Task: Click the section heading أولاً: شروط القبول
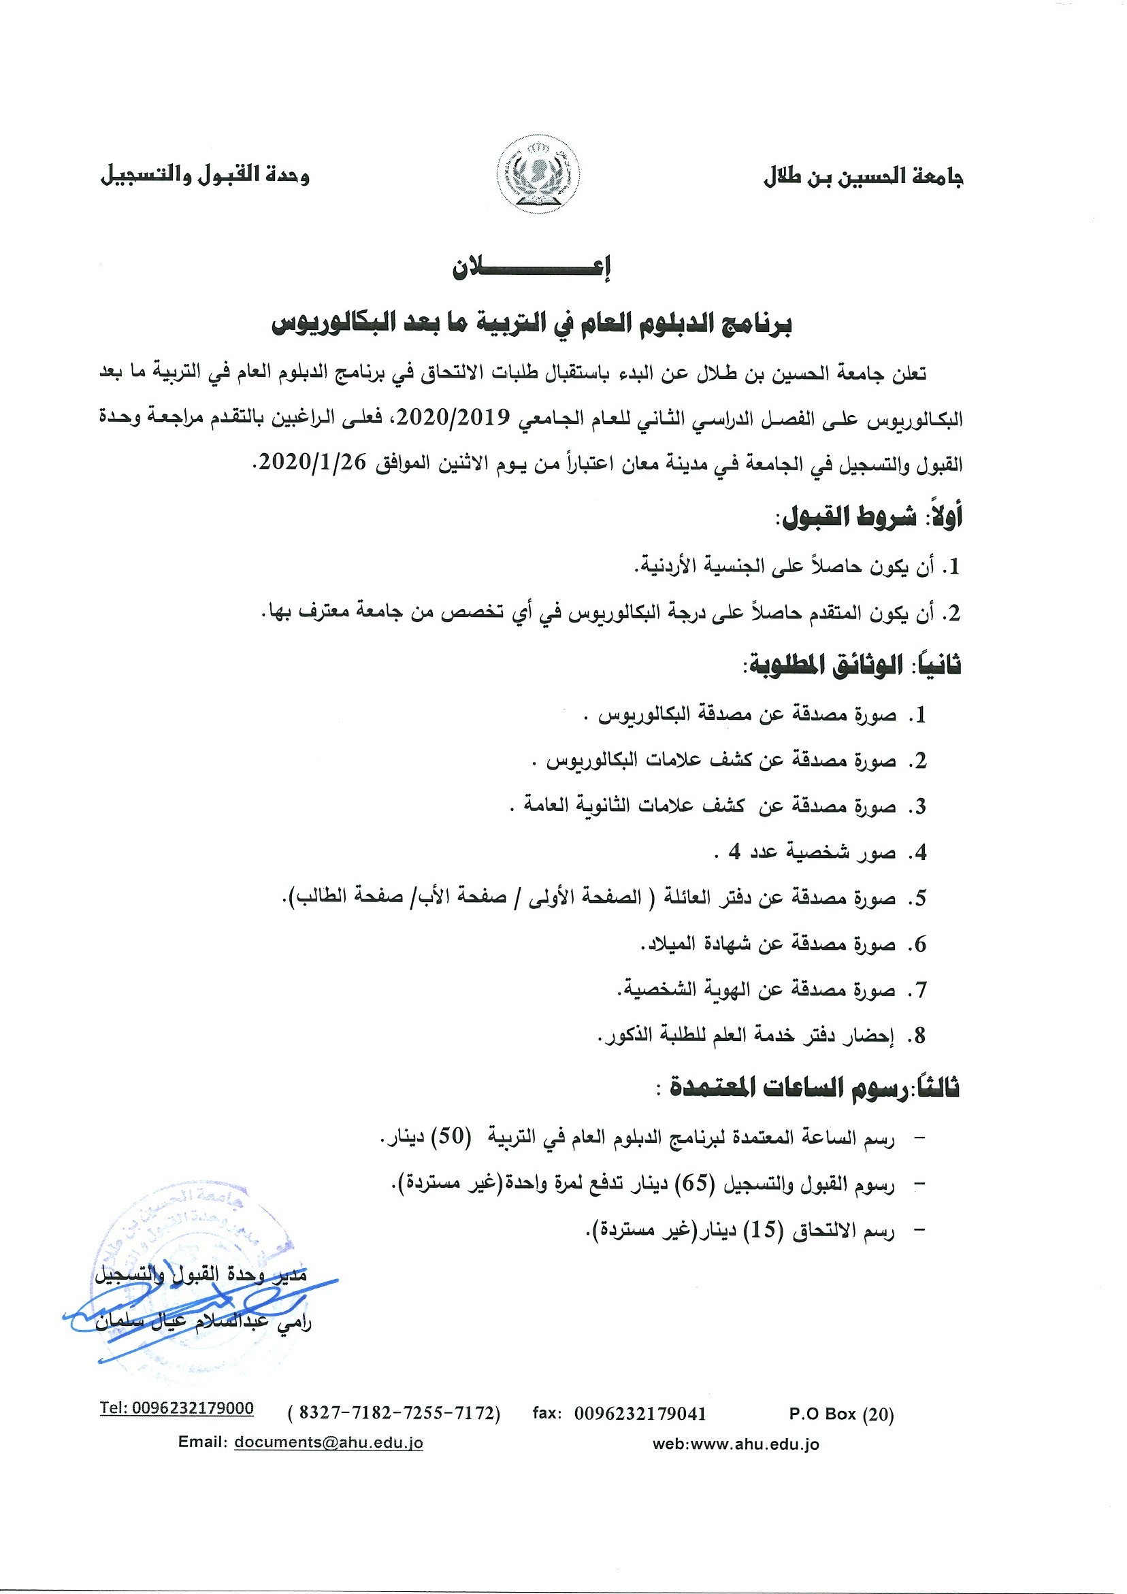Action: click(872, 517)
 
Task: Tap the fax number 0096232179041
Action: click(640, 1414)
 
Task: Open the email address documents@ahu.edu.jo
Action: click(329, 1442)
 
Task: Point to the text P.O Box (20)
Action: click(841, 1414)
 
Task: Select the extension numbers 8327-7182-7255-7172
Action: click(394, 1414)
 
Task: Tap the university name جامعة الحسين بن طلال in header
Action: click(863, 177)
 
